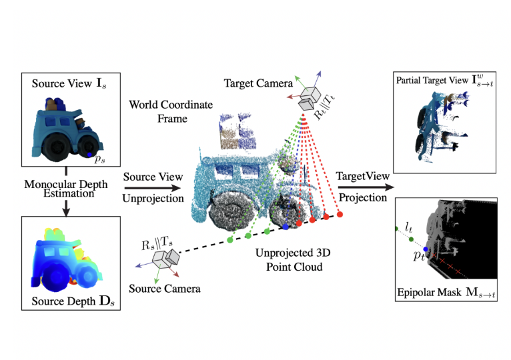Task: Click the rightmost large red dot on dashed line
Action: pyautogui.click(x=340, y=215)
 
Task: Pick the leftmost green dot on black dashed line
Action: pyautogui.click(x=229, y=239)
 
